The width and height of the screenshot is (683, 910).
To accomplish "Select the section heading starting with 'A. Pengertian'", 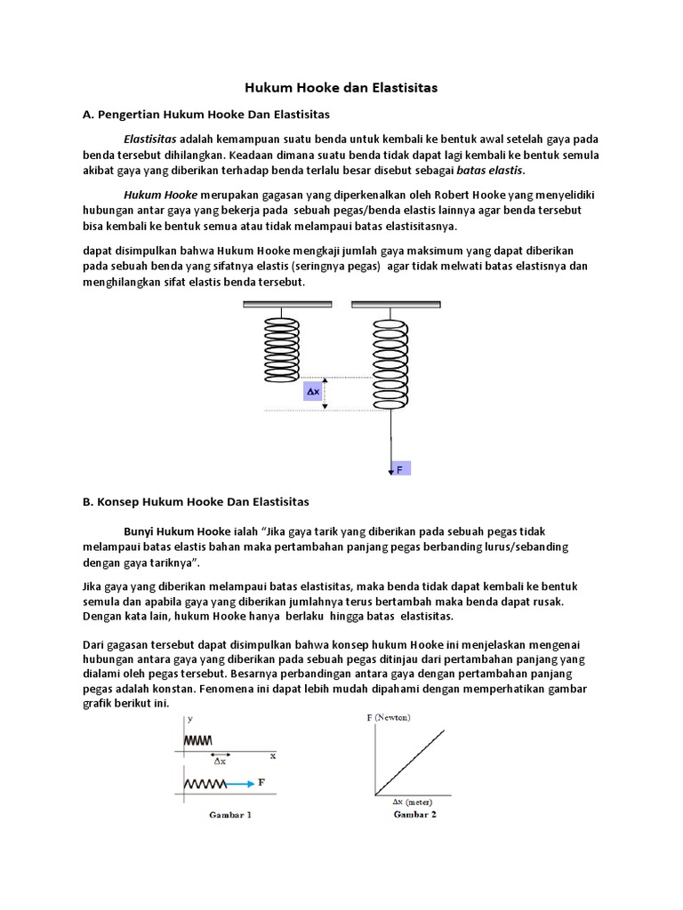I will [x=205, y=115].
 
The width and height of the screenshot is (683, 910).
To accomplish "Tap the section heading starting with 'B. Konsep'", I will [x=196, y=501].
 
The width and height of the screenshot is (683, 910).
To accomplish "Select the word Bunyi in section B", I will [x=143, y=531].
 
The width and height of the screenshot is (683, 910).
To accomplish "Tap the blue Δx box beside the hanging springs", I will [x=312, y=391].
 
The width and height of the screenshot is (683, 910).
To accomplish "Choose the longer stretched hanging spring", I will [x=390, y=364].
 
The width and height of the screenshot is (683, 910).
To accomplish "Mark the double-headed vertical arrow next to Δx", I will [x=325, y=393].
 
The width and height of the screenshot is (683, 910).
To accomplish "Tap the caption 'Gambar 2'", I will [x=414, y=814].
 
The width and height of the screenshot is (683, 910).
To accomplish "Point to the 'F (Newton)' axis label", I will [x=390, y=715].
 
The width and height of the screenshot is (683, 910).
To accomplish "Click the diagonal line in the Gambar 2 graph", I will [x=411, y=762].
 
